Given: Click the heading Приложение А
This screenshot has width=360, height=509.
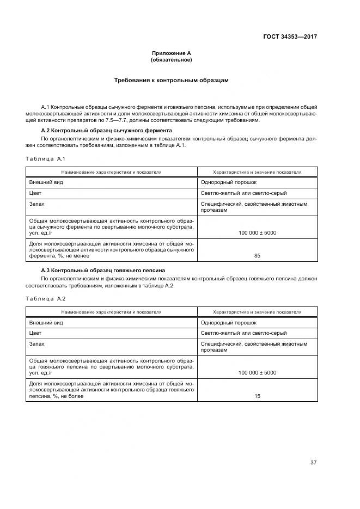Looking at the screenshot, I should [171, 53].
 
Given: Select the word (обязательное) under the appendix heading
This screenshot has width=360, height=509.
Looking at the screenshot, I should [171, 59].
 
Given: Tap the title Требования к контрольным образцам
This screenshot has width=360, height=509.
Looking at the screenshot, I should [171, 80].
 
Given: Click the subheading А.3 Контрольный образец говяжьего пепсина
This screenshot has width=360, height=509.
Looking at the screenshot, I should [103, 271].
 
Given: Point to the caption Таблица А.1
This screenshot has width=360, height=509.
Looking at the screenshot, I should [45, 158].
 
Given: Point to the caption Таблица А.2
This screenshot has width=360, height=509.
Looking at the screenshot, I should [45, 298].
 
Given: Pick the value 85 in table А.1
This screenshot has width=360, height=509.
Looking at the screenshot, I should [257, 255].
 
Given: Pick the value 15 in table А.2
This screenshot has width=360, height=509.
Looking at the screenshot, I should [257, 396].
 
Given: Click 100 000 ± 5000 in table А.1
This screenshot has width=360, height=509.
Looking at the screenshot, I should [257, 233].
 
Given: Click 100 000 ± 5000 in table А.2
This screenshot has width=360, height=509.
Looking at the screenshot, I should [257, 373].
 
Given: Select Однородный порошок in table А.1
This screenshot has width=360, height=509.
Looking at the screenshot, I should [228, 182].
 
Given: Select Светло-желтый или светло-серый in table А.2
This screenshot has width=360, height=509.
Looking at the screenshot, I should [243, 333].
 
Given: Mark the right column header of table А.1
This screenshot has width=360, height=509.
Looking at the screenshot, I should [257, 172].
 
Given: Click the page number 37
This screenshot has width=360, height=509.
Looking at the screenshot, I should [313, 462].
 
